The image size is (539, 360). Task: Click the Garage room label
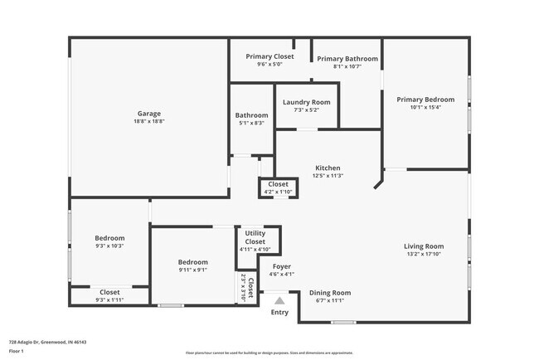149,114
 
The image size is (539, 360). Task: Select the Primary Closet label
269,56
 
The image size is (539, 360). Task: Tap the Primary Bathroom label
347,59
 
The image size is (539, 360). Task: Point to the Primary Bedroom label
425,100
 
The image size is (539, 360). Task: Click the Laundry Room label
306,102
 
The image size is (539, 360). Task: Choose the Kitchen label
328,168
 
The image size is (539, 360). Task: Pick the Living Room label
424,246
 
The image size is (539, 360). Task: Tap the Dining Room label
330,293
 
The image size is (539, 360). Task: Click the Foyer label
282,266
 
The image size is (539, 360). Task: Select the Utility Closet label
255,237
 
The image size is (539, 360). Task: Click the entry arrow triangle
279,301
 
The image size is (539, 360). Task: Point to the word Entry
280,313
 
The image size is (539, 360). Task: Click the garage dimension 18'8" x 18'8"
149,121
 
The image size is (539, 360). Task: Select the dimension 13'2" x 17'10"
424,255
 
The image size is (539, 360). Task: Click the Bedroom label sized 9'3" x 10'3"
109,238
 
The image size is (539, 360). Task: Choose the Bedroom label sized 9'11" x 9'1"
192,262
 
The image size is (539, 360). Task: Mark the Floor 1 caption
17,351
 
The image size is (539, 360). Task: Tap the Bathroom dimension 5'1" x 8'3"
251,123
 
